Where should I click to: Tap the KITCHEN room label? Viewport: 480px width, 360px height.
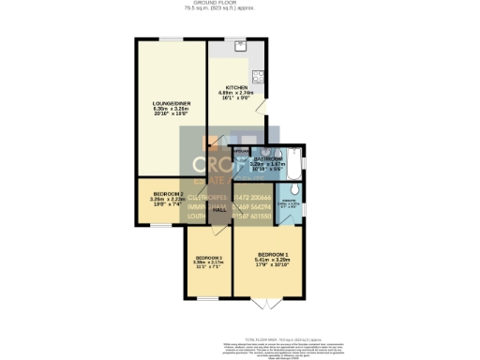[x=236, y=87]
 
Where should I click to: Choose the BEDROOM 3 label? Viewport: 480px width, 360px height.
[x=208, y=258]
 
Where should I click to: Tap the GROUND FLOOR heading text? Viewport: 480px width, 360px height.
[x=240, y=4]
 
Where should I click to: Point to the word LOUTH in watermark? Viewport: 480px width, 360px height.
[x=196, y=216]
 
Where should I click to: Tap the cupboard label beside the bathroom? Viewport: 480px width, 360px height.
[x=242, y=150]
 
